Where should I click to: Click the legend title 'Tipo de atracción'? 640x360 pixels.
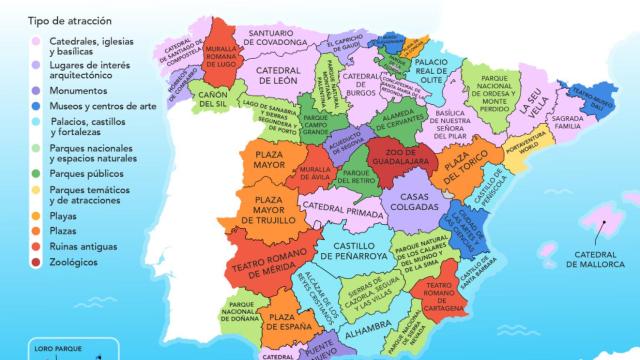point(71,20)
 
